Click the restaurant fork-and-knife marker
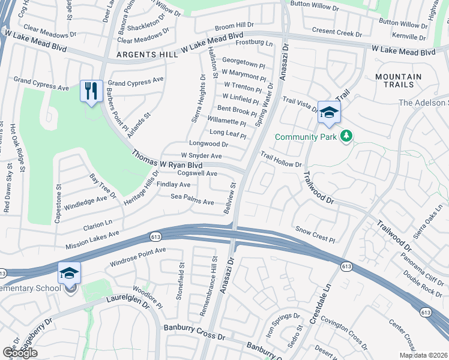point(91,92)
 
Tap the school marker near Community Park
point(328,112)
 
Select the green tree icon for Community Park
point(346,137)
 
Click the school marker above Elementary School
point(69,273)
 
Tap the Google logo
point(20,353)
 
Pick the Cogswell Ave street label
point(194,173)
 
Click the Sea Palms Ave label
point(192,200)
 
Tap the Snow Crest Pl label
point(316,234)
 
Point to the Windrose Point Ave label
point(137,257)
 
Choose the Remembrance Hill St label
point(214,278)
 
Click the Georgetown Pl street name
point(243,62)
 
